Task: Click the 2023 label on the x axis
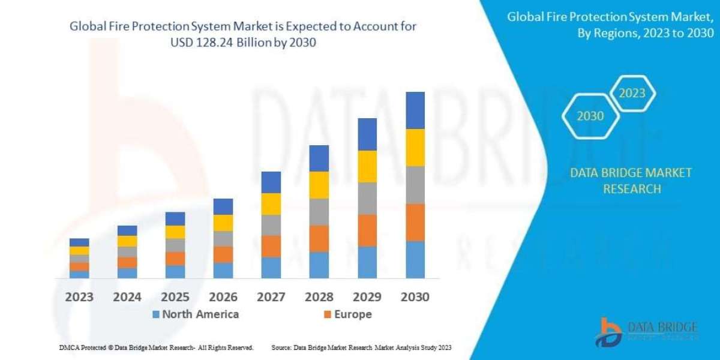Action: (x=79, y=297)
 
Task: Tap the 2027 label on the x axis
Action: (x=271, y=297)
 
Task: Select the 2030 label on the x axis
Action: (x=415, y=297)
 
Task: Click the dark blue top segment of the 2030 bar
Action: (x=415, y=110)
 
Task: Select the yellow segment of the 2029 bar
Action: (x=367, y=166)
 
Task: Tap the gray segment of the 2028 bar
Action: (x=319, y=212)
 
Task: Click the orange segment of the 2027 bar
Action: (x=271, y=246)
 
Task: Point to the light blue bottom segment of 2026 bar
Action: (x=223, y=271)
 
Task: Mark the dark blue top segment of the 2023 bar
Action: (x=79, y=242)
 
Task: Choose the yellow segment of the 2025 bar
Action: (x=175, y=232)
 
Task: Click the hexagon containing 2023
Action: (x=632, y=93)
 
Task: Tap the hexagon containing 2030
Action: (x=590, y=116)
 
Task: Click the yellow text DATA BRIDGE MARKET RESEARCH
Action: (x=631, y=181)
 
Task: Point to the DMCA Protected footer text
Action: (x=155, y=347)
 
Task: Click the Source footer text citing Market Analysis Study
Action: (x=361, y=347)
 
